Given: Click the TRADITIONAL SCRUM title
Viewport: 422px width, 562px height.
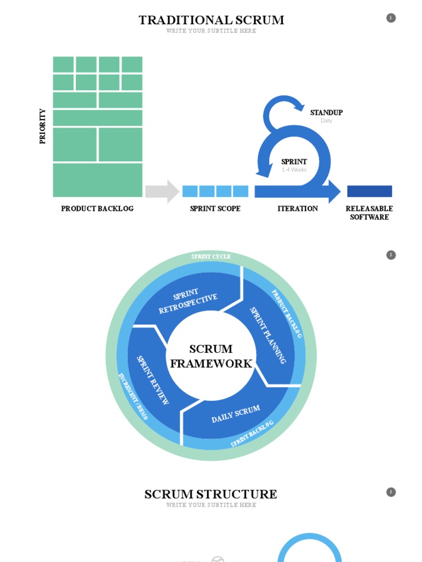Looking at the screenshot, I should [x=211, y=20].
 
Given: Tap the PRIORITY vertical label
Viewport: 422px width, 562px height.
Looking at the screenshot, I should [x=43, y=126].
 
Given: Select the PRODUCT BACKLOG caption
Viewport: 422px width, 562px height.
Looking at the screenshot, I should [x=97, y=209].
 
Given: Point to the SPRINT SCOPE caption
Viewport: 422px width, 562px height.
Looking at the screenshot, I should [x=215, y=209].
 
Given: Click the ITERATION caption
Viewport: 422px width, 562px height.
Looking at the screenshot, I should [x=297, y=209].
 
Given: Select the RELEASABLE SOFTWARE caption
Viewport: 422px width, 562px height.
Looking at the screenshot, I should [x=369, y=212].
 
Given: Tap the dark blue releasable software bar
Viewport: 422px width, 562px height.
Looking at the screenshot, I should [x=369, y=191].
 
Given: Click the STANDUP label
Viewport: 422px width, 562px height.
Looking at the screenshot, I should [x=326, y=113].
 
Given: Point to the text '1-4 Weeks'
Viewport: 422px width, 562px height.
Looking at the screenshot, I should [x=294, y=170].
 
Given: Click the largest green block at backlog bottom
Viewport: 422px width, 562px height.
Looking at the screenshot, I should [x=97, y=180].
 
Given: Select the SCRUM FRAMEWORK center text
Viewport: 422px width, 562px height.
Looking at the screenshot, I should [x=211, y=356].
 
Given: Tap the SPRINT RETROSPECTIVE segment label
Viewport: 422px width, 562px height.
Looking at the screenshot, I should [x=187, y=301].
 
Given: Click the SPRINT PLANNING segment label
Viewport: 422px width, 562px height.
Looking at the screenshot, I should [x=268, y=335].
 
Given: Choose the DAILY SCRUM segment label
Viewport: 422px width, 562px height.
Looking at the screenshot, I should [x=235, y=414].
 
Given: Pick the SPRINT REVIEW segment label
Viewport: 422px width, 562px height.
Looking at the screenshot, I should [x=153, y=380].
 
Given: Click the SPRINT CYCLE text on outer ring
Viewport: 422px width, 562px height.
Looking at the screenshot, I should [x=211, y=256].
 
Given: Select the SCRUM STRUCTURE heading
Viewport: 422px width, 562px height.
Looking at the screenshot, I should [x=211, y=494].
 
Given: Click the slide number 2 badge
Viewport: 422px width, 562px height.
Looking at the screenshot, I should [x=391, y=255].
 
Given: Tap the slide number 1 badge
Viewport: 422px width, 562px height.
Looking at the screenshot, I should [x=391, y=18].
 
